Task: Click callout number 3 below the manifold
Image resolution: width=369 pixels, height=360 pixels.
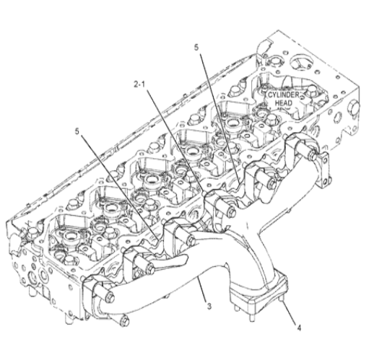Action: point(209,306)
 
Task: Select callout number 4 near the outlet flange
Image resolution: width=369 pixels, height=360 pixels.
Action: point(299,328)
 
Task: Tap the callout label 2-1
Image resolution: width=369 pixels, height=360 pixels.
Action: point(140,84)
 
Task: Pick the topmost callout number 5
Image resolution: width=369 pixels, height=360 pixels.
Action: point(196,48)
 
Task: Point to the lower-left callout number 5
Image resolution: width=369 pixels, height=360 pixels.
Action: point(77,131)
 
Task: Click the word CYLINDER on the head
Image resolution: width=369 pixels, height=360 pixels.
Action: point(283,95)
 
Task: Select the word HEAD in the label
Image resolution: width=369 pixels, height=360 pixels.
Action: point(283,103)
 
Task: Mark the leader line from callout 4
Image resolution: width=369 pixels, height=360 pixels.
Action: point(290,312)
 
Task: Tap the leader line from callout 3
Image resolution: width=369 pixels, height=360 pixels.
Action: point(202,289)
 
